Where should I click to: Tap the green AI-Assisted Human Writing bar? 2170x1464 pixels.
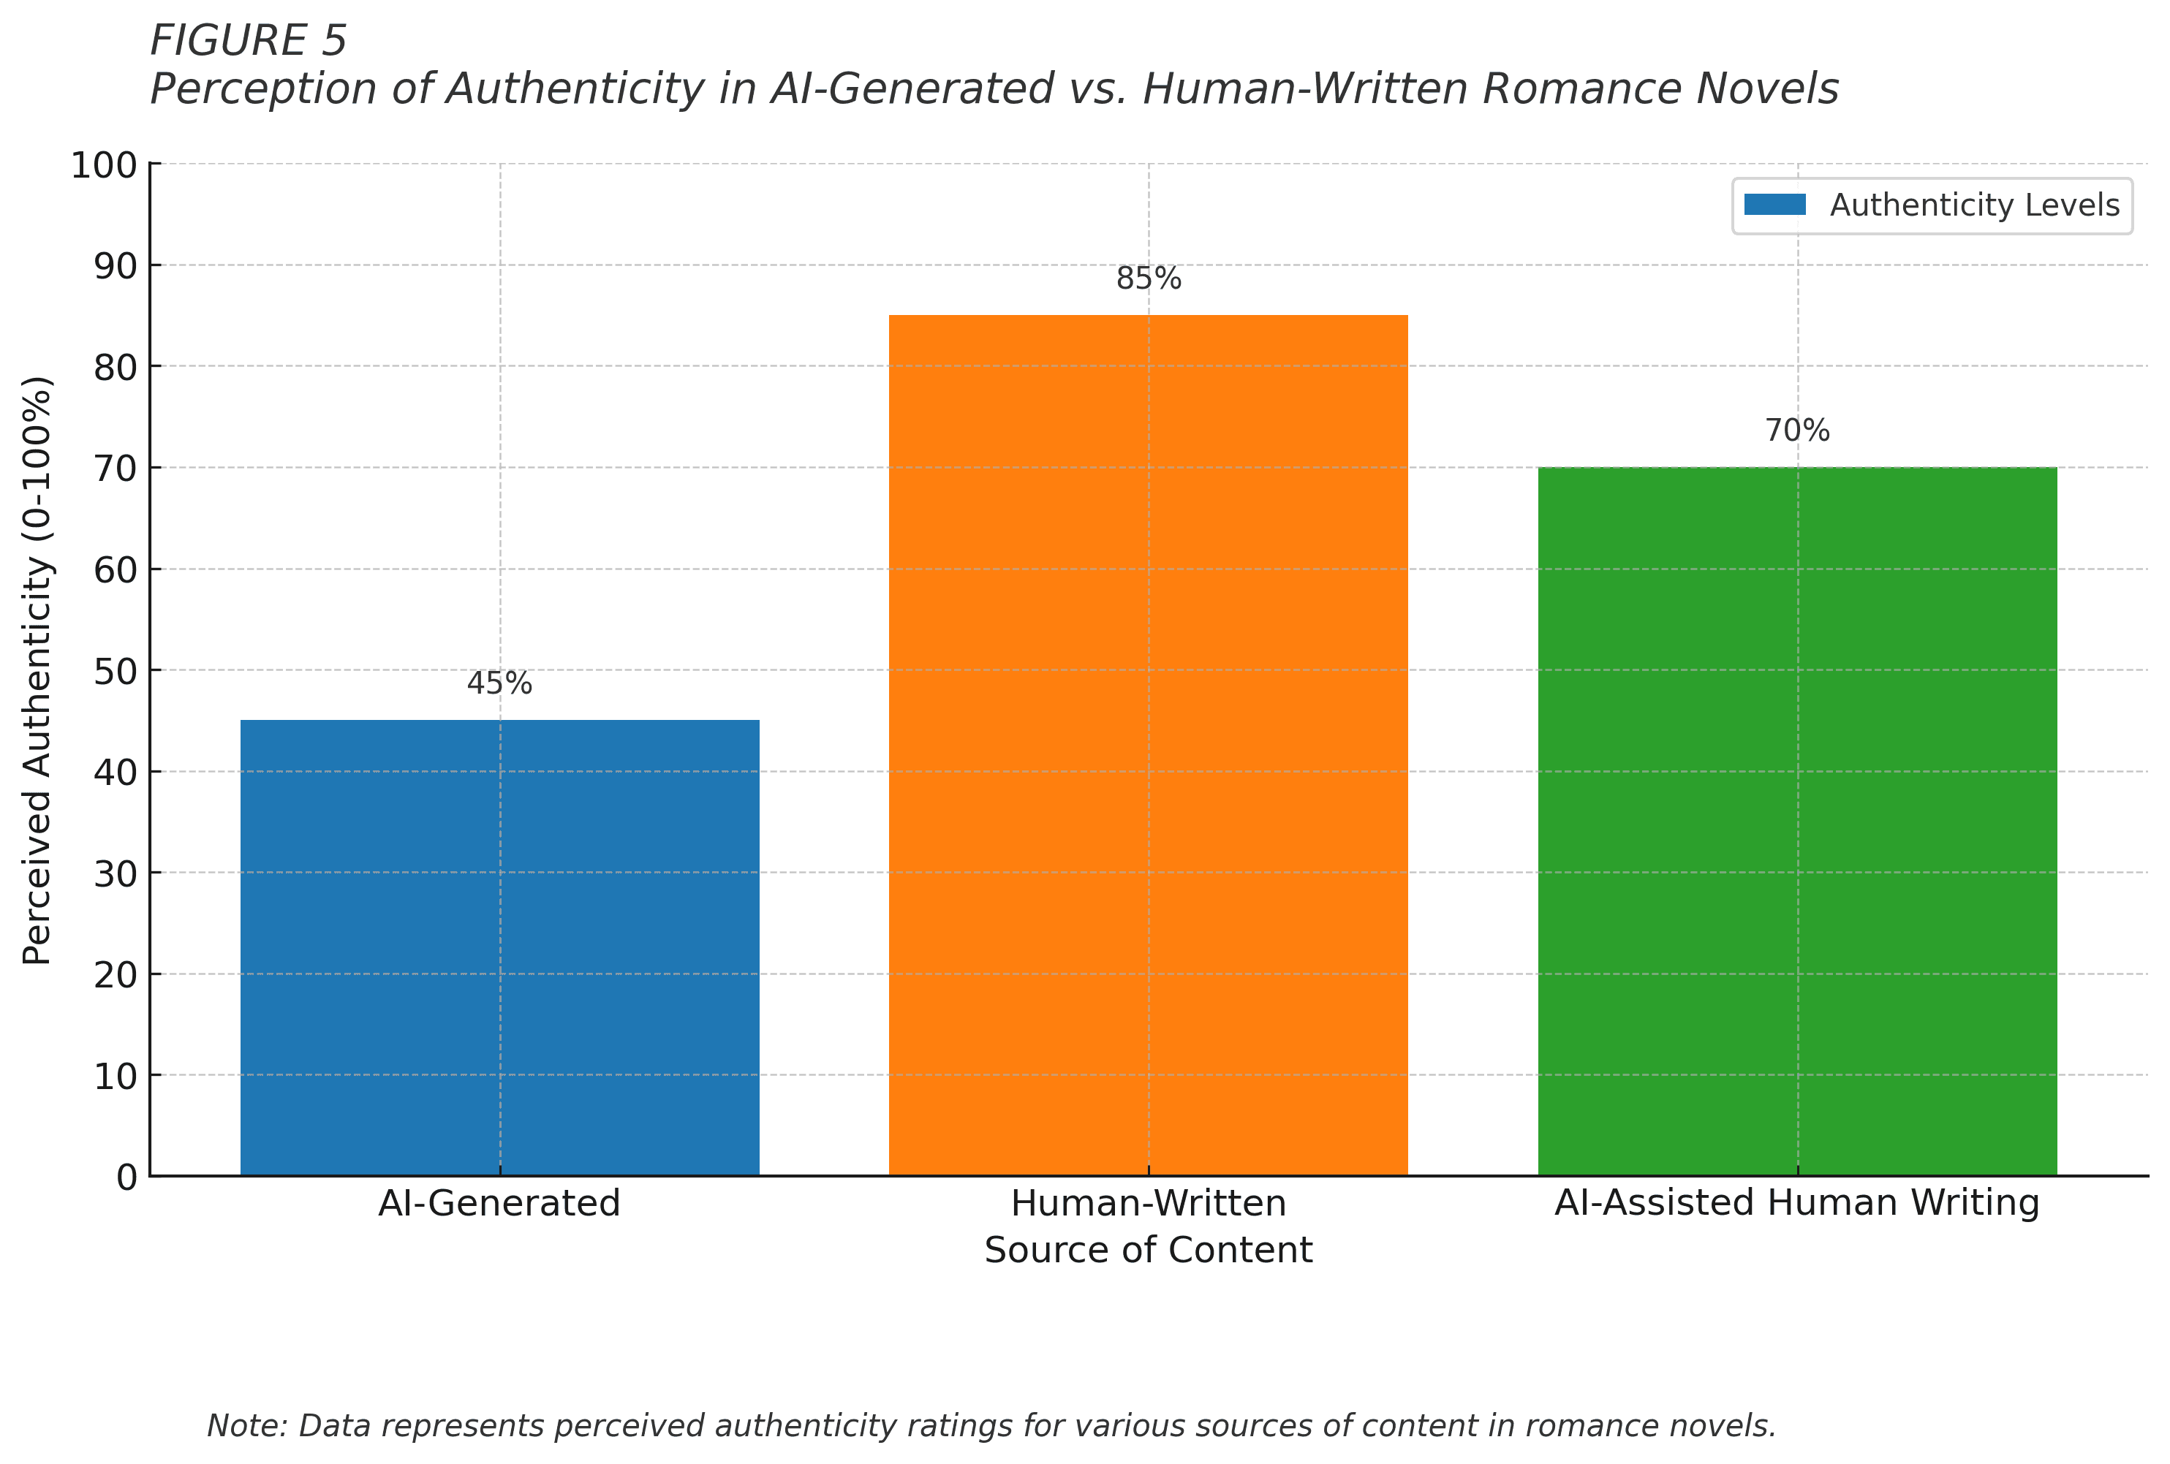tap(1796, 821)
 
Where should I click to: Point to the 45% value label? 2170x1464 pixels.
tap(499, 683)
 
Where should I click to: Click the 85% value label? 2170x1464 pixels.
tap(1149, 278)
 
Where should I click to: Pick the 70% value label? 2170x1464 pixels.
tap(1796, 431)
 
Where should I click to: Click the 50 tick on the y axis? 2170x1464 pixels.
tap(117, 671)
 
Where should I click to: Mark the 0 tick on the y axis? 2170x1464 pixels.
tap(127, 1177)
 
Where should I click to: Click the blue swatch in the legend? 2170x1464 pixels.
tap(1774, 205)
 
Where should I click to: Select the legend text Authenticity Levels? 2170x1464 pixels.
tap(1974, 205)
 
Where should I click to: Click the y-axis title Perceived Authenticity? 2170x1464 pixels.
tap(37, 670)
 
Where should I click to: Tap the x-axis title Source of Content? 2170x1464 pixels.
tap(1149, 1249)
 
